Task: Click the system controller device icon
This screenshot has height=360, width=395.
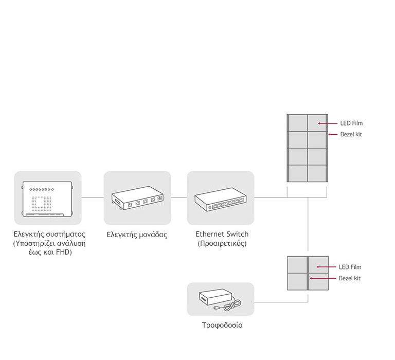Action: tap(48, 198)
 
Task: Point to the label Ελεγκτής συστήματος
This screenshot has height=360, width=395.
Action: tap(49, 234)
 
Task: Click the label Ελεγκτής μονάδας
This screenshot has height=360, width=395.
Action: tap(137, 234)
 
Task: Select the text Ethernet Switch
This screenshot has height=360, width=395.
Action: tap(222, 234)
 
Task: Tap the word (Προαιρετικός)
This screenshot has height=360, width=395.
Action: tap(222, 243)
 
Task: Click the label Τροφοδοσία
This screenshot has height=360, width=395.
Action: tap(222, 325)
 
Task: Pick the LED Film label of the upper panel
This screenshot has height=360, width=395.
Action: tap(351, 123)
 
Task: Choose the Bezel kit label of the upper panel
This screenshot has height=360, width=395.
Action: tap(351, 134)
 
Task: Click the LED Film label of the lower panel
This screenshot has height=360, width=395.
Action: tap(350, 267)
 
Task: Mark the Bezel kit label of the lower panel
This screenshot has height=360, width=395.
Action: tap(349, 278)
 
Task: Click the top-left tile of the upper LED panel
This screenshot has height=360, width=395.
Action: tap(297, 123)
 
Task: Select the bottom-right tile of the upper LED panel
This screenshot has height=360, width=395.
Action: tap(317, 173)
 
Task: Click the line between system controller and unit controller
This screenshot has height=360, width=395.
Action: tap(93, 197)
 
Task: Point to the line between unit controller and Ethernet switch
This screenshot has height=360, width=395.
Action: tap(179, 197)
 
